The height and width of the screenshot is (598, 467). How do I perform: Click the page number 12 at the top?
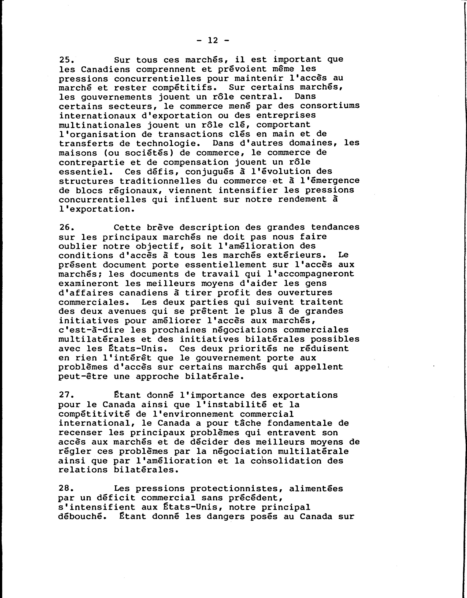click(x=213, y=41)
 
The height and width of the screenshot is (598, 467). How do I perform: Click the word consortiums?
click(x=330, y=106)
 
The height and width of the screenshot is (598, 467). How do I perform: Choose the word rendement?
click(x=302, y=200)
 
